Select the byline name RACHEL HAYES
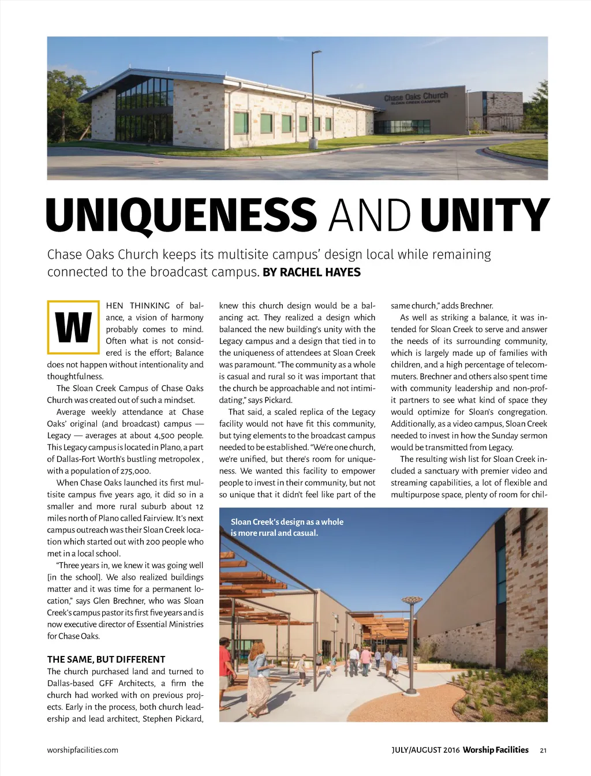320,273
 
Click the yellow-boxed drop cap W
73,327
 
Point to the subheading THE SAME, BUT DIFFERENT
106,659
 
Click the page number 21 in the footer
543,751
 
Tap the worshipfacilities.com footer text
83,750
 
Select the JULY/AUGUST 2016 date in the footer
425,750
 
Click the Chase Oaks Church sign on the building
416,97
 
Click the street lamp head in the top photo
317,53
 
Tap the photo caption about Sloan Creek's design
287,527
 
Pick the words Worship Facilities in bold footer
495,750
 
